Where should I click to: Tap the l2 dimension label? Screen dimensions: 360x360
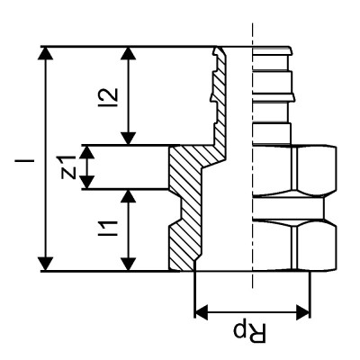(x=108, y=95)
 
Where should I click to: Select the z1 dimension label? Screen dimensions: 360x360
(x=66, y=166)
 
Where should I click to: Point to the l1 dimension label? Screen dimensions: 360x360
(x=108, y=229)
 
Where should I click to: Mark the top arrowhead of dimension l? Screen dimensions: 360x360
(x=45, y=54)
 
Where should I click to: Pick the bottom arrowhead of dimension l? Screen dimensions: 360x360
(x=45, y=263)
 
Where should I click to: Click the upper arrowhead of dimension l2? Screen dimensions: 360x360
(x=132, y=54)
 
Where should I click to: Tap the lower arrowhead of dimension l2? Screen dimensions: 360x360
(x=132, y=137)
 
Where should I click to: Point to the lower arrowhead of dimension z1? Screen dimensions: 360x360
(x=87, y=182)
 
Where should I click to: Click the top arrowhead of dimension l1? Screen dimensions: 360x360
(x=132, y=196)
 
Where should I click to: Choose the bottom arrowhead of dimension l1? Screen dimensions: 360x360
(x=132, y=263)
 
